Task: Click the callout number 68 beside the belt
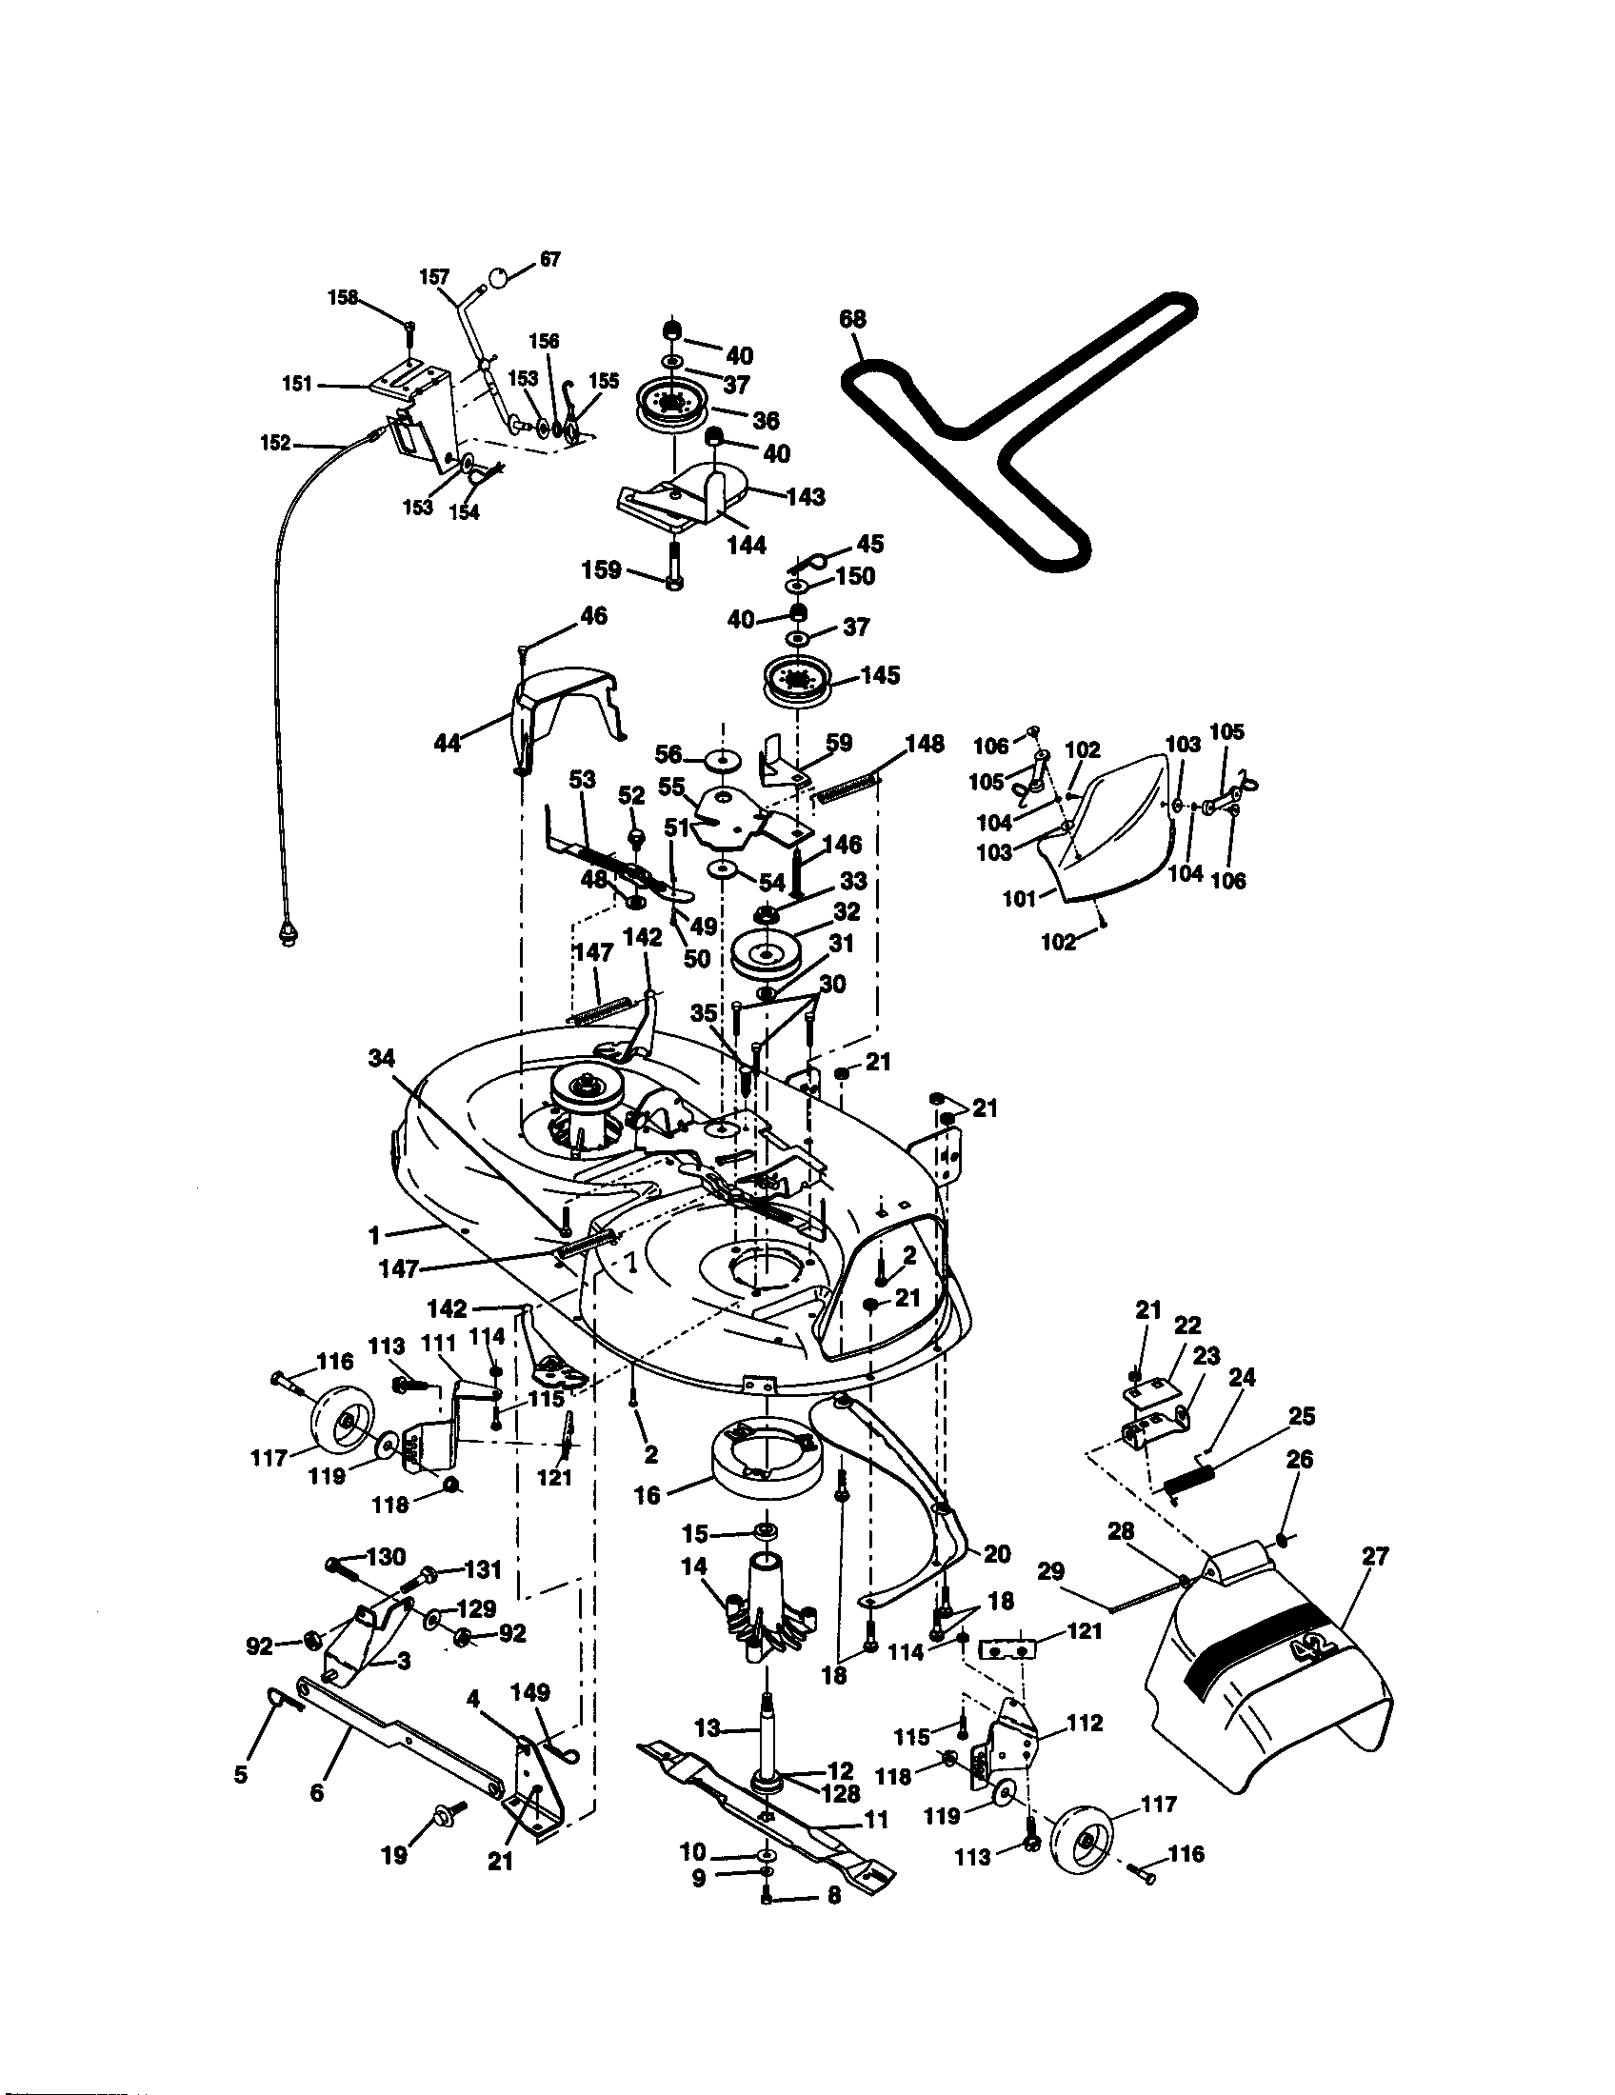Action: click(x=851, y=319)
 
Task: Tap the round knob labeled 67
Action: click(x=499, y=276)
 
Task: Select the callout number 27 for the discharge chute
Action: click(x=1374, y=1556)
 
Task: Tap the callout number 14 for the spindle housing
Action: click(x=694, y=1566)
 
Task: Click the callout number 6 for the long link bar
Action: click(x=317, y=1790)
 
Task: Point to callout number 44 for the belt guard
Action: click(x=448, y=743)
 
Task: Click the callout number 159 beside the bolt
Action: click(x=601, y=569)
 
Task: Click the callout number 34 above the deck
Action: click(x=382, y=1059)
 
